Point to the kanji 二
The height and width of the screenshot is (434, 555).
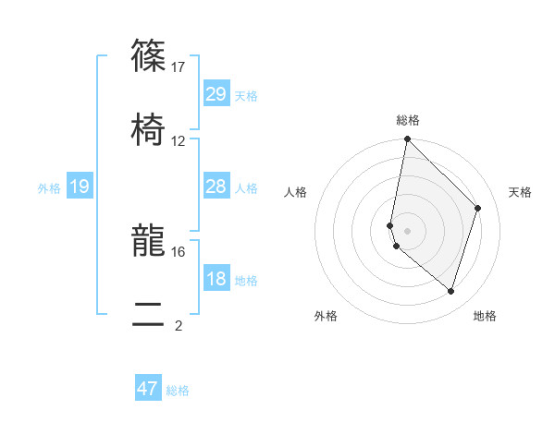click(148, 316)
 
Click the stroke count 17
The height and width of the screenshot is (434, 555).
click(179, 66)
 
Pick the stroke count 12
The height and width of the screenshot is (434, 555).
click(179, 140)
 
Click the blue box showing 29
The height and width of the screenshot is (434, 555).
click(216, 94)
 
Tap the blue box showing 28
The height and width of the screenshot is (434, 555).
click(216, 187)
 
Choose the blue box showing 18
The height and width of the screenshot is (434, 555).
click(216, 279)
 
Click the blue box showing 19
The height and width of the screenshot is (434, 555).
click(79, 187)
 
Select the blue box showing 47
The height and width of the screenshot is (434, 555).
click(148, 389)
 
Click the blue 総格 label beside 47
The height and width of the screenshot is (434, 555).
click(178, 391)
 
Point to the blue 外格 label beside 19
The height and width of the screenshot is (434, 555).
click(49, 188)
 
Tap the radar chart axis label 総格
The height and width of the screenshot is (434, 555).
click(408, 120)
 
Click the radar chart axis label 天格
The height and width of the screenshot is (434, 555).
click(521, 192)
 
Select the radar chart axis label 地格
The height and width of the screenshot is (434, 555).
click(485, 316)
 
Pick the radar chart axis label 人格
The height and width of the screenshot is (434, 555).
click(295, 192)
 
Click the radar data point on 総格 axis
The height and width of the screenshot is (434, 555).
click(407, 140)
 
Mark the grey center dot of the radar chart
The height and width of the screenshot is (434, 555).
click(407, 230)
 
